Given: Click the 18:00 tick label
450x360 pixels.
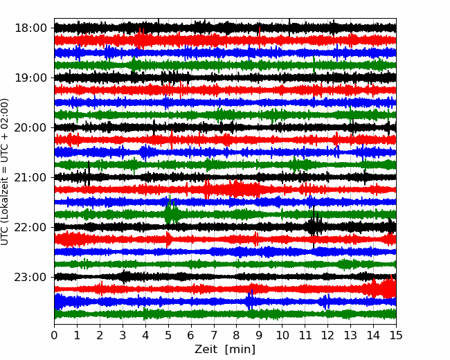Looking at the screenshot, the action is pyautogui.click(x=30, y=28).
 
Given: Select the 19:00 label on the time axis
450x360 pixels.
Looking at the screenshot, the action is pyautogui.click(x=30, y=78).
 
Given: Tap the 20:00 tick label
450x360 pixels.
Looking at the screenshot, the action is pyautogui.click(x=30, y=128).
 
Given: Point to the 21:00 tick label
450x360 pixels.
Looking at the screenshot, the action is pyautogui.click(x=30, y=177).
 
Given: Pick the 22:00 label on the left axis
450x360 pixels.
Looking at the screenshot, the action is pyautogui.click(x=30, y=227).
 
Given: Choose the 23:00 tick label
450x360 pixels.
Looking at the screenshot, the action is pyautogui.click(x=30, y=278).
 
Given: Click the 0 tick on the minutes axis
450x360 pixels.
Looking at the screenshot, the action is pyautogui.click(x=54, y=335).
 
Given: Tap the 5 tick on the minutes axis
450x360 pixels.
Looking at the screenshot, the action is pyautogui.click(x=168, y=335).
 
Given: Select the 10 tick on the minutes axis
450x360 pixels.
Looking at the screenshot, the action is pyautogui.click(x=282, y=335).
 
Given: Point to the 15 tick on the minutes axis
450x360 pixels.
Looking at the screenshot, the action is pyautogui.click(x=396, y=335).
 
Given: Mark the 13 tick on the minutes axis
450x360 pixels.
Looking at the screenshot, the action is pyautogui.click(x=350, y=335).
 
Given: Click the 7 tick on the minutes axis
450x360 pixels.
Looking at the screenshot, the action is pyautogui.click(x=214, y=335).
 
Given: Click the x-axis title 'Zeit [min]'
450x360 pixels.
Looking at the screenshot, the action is pyautogui.click(x=225, y=350).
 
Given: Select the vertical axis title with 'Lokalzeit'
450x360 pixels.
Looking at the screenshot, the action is pyautogui.click(x=4, y=172).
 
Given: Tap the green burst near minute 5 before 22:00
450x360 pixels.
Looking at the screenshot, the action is pyautogui.click(x=171, y=211).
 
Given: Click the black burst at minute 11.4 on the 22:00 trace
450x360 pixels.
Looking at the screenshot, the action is pyautogui.click(x=314, y=227).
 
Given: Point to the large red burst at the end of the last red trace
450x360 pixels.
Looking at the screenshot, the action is pyautogui.click(x=383, y=288).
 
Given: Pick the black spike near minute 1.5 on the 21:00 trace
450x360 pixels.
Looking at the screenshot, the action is pyautogui.click(x=89, y=173).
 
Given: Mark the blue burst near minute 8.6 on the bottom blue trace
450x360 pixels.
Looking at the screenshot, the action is pyautogui.click(x=250, y=300).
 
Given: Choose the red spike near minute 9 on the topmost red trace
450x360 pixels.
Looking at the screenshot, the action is pyautogui.click(x=260, y=37).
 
